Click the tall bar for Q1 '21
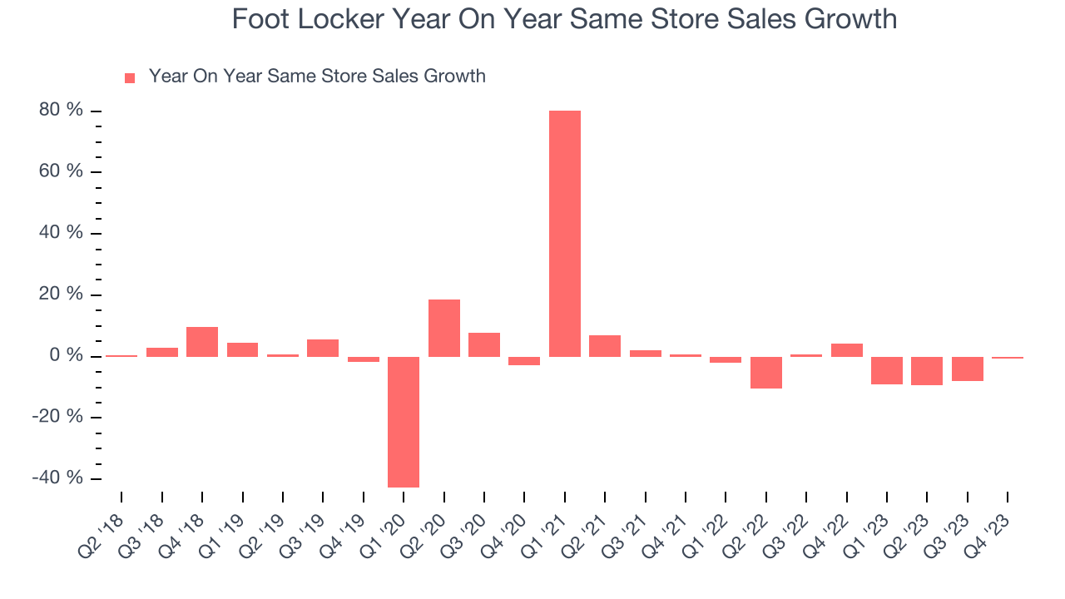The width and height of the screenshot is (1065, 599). (565, 233)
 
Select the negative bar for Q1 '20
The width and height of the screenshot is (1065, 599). (404, 422)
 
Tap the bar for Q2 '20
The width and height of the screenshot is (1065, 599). (444, 328)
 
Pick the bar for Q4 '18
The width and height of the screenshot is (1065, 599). (202, 342)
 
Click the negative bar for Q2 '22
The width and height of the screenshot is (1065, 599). (766, 373)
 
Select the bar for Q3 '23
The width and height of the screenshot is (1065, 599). (968, 369)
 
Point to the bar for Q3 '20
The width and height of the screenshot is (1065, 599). (484, 344)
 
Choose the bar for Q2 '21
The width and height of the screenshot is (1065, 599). (605, 346)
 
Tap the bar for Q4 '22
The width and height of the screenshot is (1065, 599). (847, 350)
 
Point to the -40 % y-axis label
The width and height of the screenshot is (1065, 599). (59, 478)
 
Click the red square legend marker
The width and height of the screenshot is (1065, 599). (130, 78)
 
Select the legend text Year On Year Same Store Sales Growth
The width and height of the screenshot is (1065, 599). (317, 77)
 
